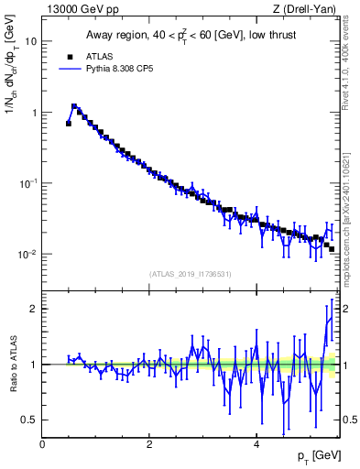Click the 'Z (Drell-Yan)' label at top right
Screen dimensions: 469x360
click(x=310, y=9)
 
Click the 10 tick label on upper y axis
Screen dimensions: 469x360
click(x=31, y=42)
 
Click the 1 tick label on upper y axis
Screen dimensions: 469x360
click(x=34, y=113)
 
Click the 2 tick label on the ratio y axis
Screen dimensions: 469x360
click(x=34, y=309)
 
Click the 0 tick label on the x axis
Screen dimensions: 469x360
click(x=43, y=444)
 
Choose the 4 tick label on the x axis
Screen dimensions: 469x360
click(x=256, y=444)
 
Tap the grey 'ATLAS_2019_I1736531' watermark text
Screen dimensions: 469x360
click(x=191, y=274)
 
